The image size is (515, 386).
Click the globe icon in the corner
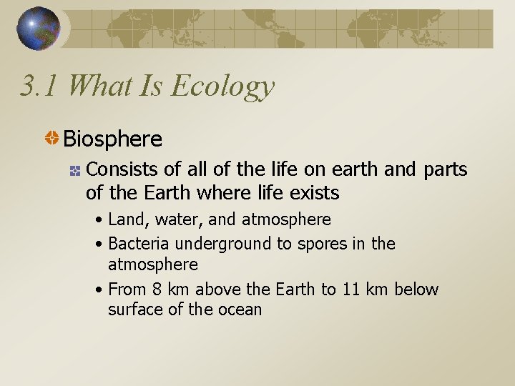point(39,29)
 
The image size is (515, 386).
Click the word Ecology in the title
point(223,86)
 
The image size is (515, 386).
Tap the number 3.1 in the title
point(41,86)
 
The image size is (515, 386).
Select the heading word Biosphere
point(113,138)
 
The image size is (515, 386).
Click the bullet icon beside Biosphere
point(52,139)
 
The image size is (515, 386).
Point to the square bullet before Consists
point(74,170)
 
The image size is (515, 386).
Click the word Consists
point(122,169)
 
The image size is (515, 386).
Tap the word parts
point(445,170)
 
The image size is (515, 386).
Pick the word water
point(179,219)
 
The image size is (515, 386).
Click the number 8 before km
point(158,289)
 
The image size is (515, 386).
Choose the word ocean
point(240,310)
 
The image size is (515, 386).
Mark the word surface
point(135,310)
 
